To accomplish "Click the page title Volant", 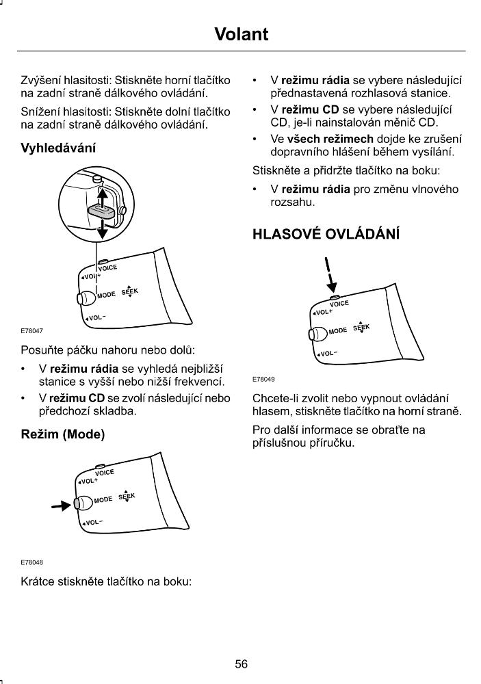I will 241,34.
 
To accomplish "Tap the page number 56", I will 241,663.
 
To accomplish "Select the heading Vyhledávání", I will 59,148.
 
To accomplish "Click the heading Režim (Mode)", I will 63,434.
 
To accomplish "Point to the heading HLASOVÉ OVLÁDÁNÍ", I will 326,233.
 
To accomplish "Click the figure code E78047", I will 32,331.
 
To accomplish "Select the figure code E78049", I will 264,378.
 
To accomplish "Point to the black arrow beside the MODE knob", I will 62,506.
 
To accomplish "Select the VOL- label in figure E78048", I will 92,523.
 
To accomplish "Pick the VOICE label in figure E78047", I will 109,268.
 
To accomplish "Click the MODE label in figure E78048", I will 103,501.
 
